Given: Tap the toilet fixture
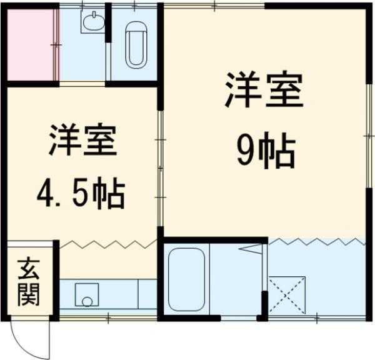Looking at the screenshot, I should tap(136, 46).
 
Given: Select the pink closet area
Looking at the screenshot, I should tap(29, 43).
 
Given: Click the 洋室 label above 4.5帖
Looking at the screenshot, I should tap(81, 143).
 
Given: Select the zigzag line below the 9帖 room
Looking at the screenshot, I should tap(316, 241).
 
